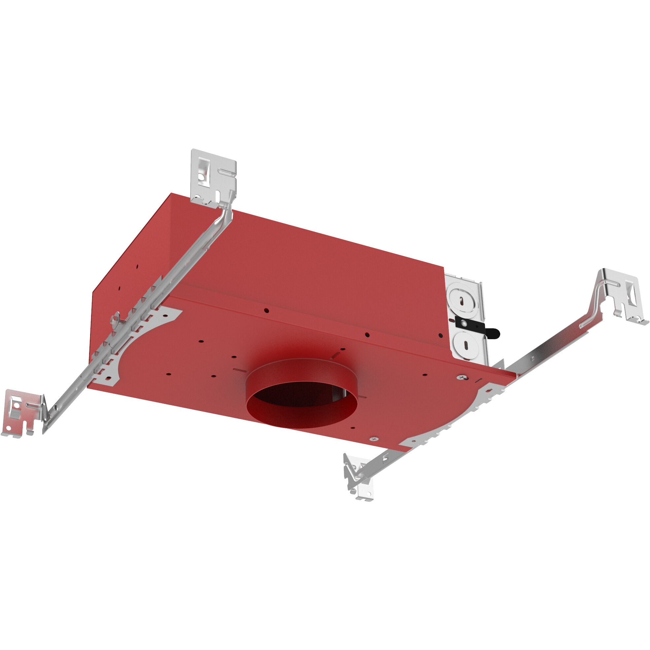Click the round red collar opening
pyautogui.click(x=302, y=406)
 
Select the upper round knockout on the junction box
pyautogui.click(x=463, y=301)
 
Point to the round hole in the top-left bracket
pyautogui.click(x=201, y=176)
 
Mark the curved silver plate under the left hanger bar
pyautogui.click(x=141, y=340)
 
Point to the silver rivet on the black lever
pyautogui.click(x=464, y=323)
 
